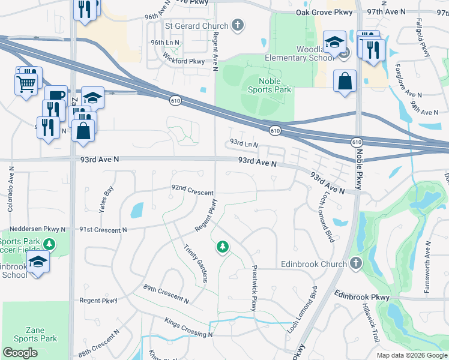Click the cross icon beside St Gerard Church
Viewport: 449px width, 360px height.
coord(238,26)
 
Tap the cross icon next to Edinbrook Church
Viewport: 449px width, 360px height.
coord(356,263)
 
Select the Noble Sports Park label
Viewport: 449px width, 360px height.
coord(270,85)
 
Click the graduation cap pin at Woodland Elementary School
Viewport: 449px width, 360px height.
coord(334,43)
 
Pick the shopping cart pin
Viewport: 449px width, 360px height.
coord(25,82)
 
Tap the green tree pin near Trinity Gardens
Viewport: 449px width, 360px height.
coord(223,247)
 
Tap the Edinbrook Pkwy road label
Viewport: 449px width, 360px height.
coord(363,296)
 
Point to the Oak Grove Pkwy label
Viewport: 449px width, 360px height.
coord(324,13)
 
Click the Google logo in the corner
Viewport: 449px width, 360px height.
coord(20,352)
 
